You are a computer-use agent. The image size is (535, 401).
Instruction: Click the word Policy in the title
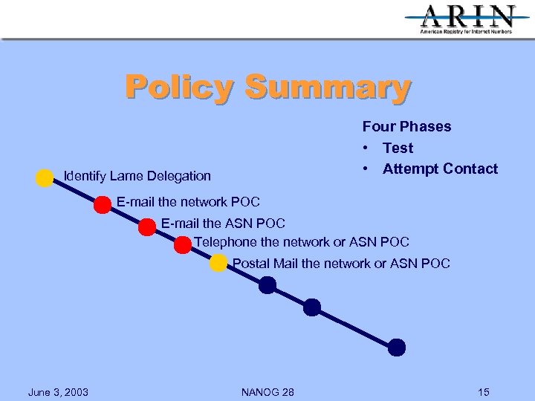pos(178,87)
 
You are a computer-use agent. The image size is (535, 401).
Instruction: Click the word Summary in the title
pos(327,87)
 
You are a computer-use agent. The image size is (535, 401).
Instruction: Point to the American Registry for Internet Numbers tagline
pos(466,33)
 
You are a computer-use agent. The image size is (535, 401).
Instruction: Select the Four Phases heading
pos(406,126)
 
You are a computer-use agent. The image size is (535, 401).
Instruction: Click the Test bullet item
pos(398,148)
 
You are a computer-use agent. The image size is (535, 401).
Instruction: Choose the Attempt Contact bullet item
pos(440,169)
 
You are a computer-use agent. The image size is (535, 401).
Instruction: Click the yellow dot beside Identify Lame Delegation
pos(45,178)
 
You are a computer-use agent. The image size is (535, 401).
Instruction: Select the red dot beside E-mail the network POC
pos(103,206)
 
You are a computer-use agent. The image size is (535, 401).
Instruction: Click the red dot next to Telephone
pos(183,245)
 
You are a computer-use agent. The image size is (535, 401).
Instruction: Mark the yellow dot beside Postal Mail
pos(218,263)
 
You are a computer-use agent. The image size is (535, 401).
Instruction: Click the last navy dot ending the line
pos(397,347)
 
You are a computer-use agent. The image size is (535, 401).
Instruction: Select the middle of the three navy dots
pos(312,307)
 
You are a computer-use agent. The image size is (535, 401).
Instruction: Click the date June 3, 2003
pos(58,392)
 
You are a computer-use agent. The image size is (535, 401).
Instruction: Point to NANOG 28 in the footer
pos(267,392)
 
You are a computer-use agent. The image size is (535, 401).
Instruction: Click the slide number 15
pos(484,392)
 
